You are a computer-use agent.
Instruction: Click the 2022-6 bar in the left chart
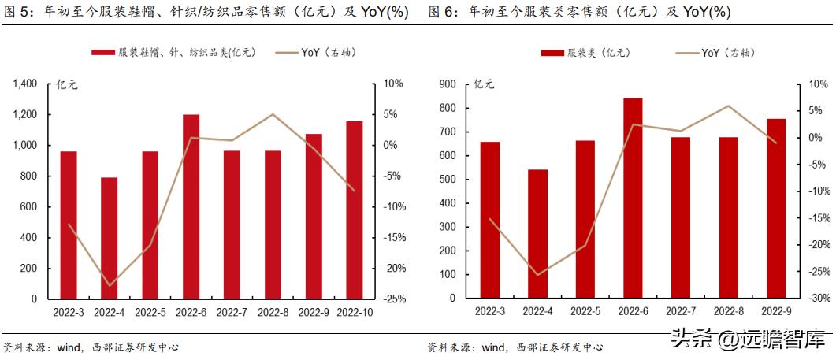pos(191,207)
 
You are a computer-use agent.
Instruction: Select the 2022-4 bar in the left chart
pos(109,238)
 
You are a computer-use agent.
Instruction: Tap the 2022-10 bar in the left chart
pos(355,210)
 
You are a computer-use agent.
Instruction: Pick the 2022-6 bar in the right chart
pos(633,199)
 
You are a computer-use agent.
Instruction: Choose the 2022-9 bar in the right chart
pos(776,209)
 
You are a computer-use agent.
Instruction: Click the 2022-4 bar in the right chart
pos(537,234)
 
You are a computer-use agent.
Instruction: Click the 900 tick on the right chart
pos(448,84)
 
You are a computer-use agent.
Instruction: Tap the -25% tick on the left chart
pos(395,299)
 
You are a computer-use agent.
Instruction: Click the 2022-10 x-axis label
pos(355,313)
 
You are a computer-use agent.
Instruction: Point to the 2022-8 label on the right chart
pos(728,313)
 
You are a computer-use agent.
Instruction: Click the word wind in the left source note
pos(68,347)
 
